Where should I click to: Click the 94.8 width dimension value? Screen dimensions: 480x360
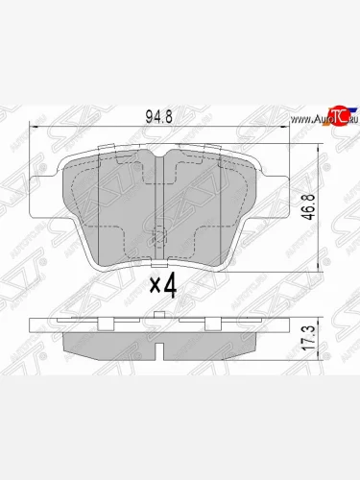158,117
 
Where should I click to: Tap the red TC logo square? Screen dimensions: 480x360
337,114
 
